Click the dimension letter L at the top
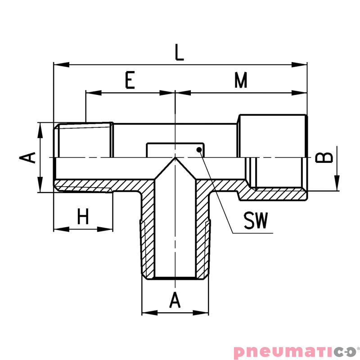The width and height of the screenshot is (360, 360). (x=180, y=53)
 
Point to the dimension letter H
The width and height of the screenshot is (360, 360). (x=83, y=217)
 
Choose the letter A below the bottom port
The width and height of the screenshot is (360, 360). (x=175, y=300)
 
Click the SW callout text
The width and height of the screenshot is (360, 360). (x=256, y=221)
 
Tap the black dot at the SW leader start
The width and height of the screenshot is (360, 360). (x=198, y=150)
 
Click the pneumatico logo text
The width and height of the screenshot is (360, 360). (x=294, y=351)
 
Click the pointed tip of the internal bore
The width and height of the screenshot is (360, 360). (x=175, y=158)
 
